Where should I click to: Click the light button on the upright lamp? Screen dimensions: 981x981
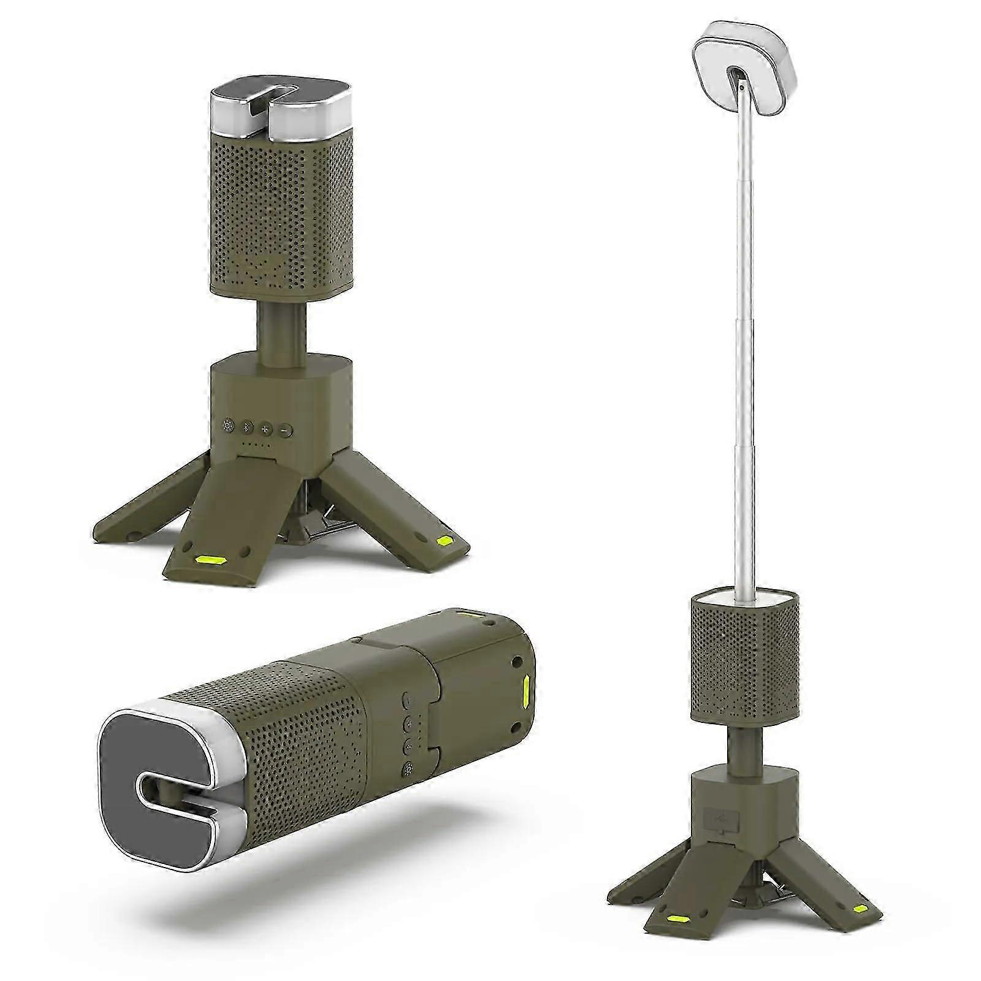coord(229,426)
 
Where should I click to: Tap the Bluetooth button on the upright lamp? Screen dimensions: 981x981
coord(247,427)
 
